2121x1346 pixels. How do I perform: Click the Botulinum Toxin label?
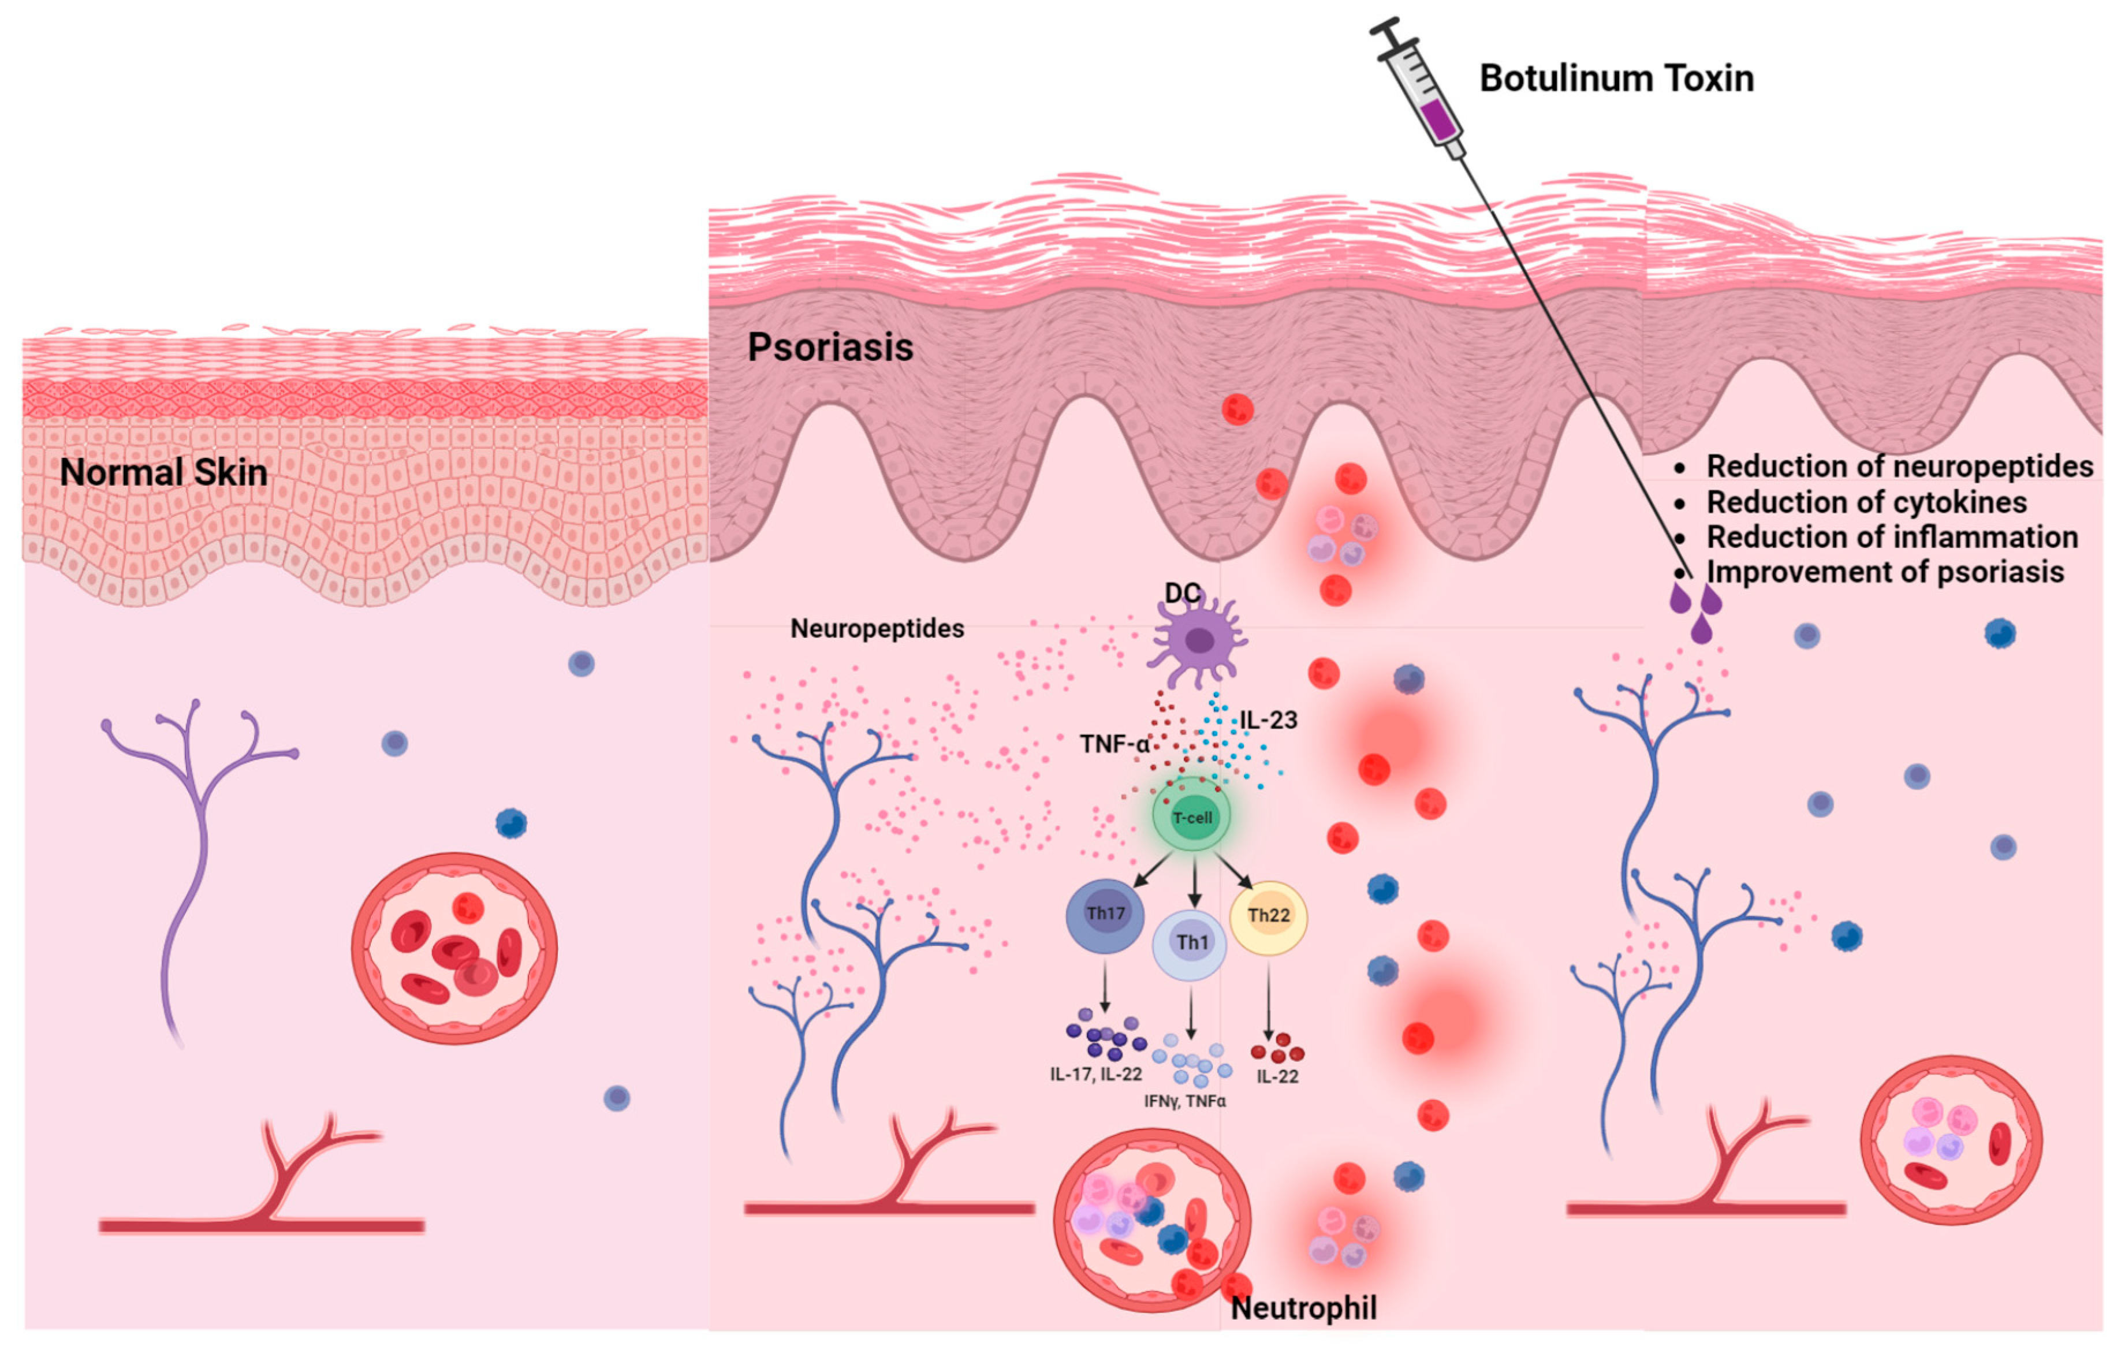(x=1616, y=79)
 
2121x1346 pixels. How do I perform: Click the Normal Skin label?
(x=164, y=472)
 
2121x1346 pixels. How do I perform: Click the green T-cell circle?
(x=1192, y=816)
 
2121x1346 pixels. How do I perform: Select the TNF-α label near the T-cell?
(x=1114, y=744)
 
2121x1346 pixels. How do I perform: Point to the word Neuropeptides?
(x=877, y=628)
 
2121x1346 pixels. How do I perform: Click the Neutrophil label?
(x=1303, y=1308)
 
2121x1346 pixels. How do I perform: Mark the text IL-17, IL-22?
(x=1096, y=1074)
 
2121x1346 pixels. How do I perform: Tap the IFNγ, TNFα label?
(x=1185, y=1101)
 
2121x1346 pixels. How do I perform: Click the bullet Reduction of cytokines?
(x=1866, y=502)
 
